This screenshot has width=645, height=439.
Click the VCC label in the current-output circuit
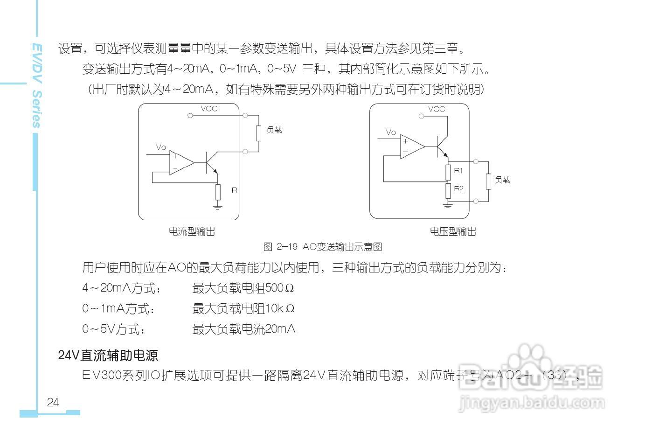(209, 109)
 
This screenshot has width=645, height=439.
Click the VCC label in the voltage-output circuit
(437, 109)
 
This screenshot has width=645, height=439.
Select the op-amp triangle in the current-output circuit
(180, 163)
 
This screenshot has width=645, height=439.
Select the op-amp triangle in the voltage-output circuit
(411, 147)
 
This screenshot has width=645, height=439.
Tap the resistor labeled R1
(448, 172)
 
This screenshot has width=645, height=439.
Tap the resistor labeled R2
(448, 190)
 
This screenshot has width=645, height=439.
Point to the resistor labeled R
(217, 191)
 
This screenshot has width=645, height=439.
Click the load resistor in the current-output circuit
(258, 133)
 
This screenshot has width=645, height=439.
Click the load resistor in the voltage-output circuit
(488, 181)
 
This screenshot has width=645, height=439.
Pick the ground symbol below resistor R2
(448, 204)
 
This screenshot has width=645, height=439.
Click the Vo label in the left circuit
(161, 147)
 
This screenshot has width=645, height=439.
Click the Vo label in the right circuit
(391, 132)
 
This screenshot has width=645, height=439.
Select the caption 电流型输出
(192, 231)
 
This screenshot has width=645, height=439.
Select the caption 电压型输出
(453, 231)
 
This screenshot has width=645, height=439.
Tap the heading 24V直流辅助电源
(108, 355)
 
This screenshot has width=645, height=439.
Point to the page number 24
(53, 402)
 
